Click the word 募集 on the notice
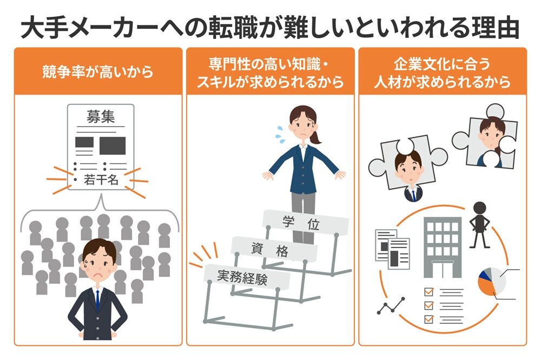101,117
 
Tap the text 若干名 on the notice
101,180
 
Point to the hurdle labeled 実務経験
246,278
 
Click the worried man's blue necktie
97,299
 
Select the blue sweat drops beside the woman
280,132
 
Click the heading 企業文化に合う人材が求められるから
443,72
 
